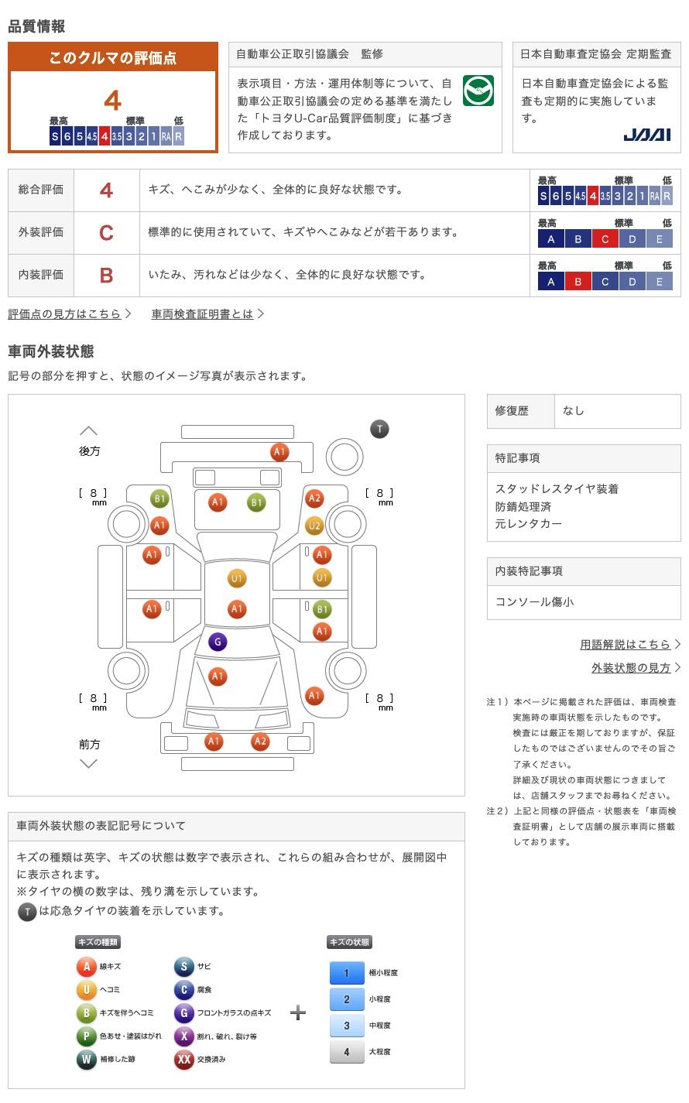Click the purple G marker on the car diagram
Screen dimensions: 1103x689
(218, 642)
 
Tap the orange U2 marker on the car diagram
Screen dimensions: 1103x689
(314, 526)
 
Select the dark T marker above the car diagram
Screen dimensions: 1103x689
(379, 429)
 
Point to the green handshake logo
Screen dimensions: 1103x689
(478, 91)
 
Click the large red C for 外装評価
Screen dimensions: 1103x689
(106, 232)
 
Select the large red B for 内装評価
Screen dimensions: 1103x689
(106, 275)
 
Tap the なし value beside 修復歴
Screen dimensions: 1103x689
(574, 411)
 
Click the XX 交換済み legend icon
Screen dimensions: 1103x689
(183, 1059)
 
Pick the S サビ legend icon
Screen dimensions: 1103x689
(183, 966)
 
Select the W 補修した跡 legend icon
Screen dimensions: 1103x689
(87, 1059)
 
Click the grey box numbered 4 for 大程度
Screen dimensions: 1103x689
(346, 1052)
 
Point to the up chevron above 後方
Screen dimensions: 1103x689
(89, 430)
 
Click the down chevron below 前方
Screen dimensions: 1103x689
(89, 763)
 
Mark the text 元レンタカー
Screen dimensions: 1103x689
(529, 524)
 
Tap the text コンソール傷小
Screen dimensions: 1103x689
(535, 601)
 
